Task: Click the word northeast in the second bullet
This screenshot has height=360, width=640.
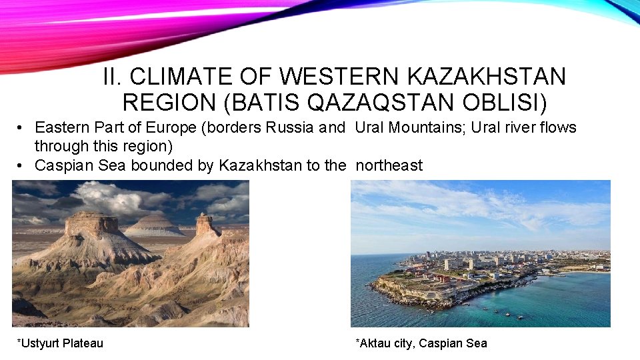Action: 389,165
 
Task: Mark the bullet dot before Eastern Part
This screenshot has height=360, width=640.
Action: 22,128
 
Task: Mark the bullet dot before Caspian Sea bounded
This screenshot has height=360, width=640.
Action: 22,166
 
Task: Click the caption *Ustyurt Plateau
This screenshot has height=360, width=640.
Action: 60,343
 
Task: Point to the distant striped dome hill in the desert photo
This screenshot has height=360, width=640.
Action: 155,224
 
